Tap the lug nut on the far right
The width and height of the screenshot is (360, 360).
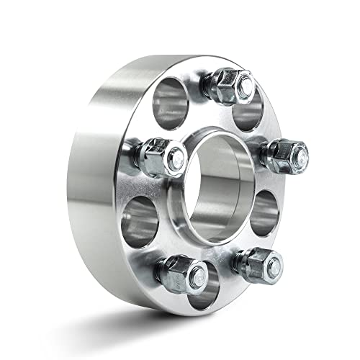[x=287, y=152]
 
